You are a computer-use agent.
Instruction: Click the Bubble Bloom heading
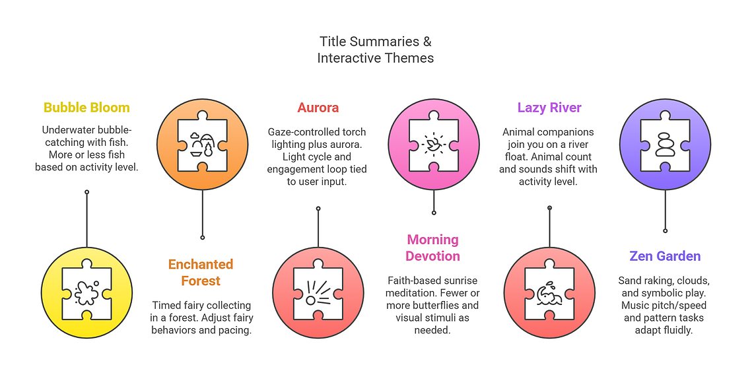pos(86,108)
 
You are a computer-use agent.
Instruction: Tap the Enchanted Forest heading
pos(201,272)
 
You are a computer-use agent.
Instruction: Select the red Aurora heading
pos(318,108)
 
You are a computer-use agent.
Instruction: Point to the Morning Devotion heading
pos(432,248)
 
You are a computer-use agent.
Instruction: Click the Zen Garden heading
pos(665,256)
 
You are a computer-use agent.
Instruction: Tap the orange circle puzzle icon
pos(202,145)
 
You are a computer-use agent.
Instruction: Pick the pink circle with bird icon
pos(434,145)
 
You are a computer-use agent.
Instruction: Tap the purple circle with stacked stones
pos(665,145)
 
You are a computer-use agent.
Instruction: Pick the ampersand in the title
pos(427,42)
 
